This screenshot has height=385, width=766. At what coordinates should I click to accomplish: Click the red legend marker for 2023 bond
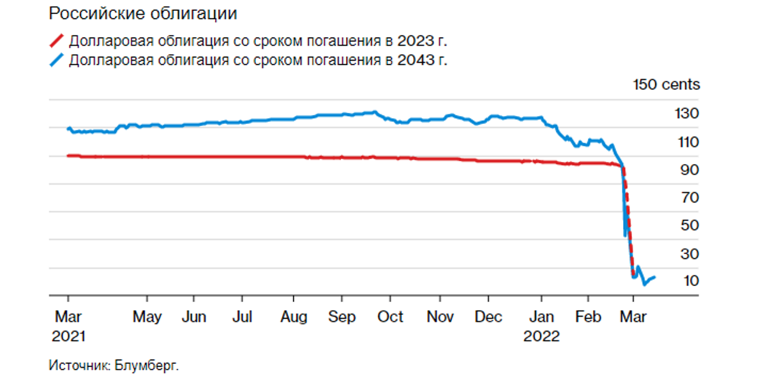click(x=57, y=42)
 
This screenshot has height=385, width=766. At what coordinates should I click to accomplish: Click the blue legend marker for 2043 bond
click(x=57, y=61)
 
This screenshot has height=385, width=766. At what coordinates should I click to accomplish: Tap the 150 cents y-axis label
click(x=666, y=84)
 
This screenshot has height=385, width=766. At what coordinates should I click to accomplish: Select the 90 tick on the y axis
click(x=687, y=170)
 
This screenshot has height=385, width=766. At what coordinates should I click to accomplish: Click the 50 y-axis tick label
click(x=687, y=225)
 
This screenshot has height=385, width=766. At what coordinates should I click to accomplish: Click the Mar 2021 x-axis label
click(x=68, y=326)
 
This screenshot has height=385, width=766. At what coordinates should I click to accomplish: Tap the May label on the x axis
click(x=147, y=317)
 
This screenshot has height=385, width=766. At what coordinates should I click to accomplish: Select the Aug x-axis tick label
click(x=294, y=317)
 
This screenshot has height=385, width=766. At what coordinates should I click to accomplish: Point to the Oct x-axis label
click(x=390, y=317)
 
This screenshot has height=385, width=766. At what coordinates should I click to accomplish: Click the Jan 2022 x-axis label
click(x=541, y=326)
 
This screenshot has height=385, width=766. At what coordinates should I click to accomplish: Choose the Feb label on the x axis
click(x=588, y=317)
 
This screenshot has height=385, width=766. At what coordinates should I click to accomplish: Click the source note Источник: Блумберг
click(x=114, y=366)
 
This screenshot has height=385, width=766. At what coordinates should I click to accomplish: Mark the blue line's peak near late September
click(x=374, y=112)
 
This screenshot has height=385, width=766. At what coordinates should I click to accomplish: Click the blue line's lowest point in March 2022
click(x=644, y=284)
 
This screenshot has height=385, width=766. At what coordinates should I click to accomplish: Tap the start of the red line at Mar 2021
click(x=68, y=155)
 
